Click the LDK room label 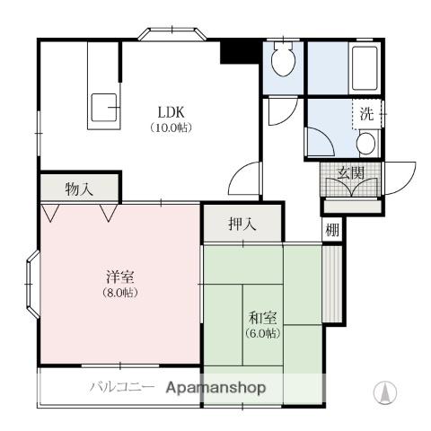(171, 112)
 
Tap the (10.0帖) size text (171, 128)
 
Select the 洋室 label (120, 277)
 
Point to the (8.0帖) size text (120, 292)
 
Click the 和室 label (263, 318)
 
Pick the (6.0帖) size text (263, 333)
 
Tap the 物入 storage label (79, 189)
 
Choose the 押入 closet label (242, 224)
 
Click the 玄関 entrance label (350, 172)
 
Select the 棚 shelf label (332, 230)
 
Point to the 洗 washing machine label (367, 114)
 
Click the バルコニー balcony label (122, 387)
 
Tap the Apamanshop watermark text (215, 388)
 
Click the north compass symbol (385, 391)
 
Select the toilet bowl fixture (283, 59)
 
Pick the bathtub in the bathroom (365, 68)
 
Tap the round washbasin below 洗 (366, 143)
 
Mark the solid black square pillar (241, 51)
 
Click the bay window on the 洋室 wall (32, 284)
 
